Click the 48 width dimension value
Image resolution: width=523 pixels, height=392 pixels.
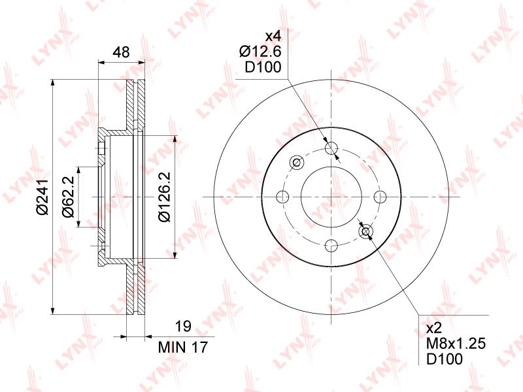(x=121, y=52)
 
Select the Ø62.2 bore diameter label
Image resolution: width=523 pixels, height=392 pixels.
(x=68, y=198)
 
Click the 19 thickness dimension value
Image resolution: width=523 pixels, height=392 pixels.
(x=183, y=326)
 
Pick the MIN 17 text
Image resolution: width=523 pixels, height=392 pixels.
(x=183, y=348)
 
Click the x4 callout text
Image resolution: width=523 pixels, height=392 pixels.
(x=273, y=36)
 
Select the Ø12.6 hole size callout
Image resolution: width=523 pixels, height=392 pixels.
(x=261, y=52)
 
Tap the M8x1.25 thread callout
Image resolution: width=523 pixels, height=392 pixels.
(x=456, y=344)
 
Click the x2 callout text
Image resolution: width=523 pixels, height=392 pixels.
(x=434, y=329)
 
